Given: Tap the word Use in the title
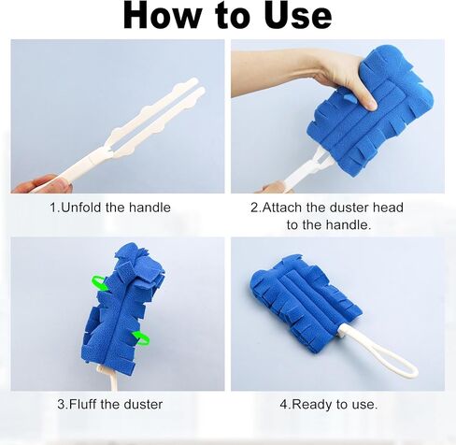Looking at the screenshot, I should (291, 16).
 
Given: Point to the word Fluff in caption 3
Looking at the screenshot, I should (91, 404).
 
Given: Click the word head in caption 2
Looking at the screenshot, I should (386, 208).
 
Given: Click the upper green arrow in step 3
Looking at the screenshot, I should (99, 281).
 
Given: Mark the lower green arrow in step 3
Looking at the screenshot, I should (141, 337).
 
